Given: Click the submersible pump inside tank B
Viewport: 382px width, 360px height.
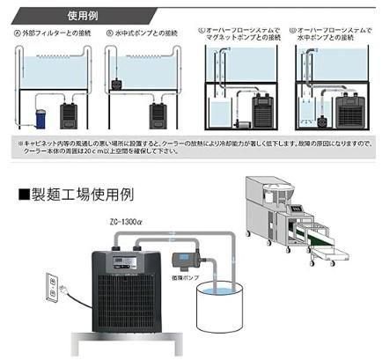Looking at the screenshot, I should [118, 84].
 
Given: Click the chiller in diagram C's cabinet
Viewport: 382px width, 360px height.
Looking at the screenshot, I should [262, 112].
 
